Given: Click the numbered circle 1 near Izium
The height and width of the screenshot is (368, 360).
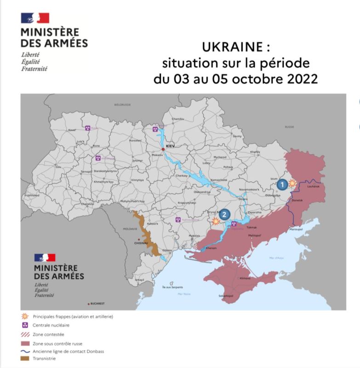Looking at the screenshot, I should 282,184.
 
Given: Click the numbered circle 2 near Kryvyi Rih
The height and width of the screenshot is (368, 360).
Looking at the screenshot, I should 224,213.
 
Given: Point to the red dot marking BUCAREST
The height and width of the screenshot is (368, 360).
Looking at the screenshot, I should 88,304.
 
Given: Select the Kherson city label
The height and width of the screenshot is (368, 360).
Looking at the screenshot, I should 211,248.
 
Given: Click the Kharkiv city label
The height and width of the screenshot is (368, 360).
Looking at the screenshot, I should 255,152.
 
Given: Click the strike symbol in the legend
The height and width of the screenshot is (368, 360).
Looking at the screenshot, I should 25,316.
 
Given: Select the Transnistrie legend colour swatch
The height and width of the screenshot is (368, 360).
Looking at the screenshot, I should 25,359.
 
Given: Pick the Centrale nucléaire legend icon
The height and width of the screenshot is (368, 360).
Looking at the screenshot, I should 25,325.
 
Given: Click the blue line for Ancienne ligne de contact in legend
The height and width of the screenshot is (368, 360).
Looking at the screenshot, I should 25,351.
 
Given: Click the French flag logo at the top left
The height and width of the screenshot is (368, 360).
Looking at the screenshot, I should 35,18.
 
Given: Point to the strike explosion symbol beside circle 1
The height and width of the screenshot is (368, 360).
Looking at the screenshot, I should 292,183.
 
